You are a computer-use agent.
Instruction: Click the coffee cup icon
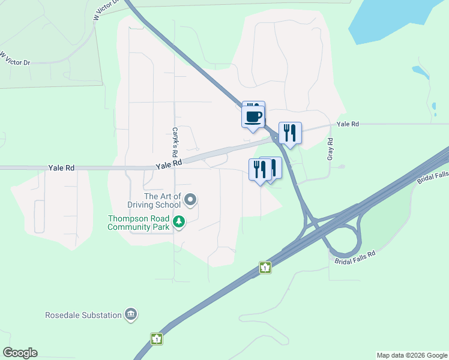[253, 115]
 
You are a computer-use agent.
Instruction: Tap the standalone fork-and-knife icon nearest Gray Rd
[290, 133]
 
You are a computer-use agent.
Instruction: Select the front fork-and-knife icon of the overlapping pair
[260, 169]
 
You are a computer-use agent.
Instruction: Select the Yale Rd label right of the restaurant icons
[348, 124]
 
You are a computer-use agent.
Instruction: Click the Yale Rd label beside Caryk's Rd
[168, 164]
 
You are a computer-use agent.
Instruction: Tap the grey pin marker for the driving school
[190, 199]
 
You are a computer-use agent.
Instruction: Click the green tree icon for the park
[178, 222]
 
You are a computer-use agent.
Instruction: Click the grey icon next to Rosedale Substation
[130, 314]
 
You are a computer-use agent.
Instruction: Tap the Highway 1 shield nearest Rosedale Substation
[157, 339]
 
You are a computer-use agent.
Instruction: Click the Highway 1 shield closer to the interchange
[265, 268]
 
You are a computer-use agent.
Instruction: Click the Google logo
[20, 353]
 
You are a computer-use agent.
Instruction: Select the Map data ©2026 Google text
[412, 355]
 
